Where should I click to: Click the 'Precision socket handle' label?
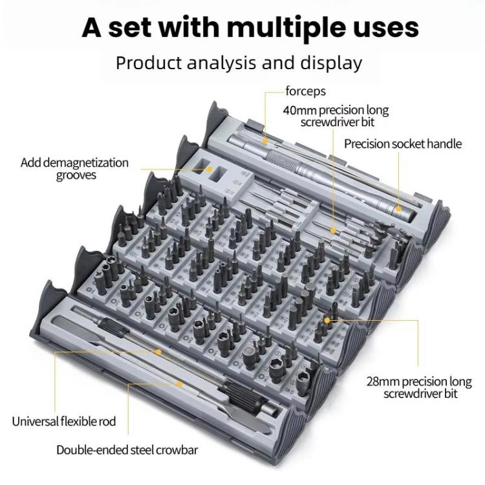coord(403,144)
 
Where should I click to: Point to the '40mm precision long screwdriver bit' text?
coord(336,116)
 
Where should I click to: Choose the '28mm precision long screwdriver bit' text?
coord(412,387)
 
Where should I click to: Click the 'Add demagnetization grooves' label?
coord(74,169)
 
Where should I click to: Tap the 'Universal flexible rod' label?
coord(64,422)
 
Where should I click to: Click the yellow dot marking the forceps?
coord(265,138)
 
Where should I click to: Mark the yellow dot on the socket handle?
coord(399,208)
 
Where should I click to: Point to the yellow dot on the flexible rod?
coord(159,352)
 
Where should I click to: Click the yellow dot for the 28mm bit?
coord(328,319)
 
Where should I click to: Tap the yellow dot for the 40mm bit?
coord(332,229)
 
